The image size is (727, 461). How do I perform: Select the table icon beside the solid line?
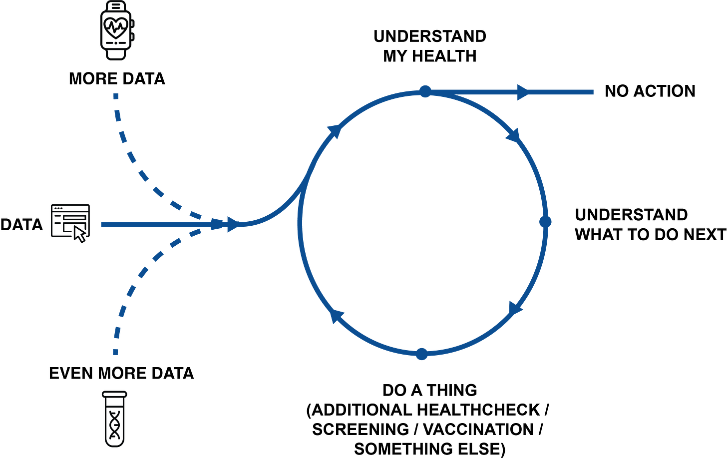(70, 222)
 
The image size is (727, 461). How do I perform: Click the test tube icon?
(114, 419)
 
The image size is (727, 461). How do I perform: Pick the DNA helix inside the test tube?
(115, 425)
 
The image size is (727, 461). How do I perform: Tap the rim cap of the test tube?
(114, 394)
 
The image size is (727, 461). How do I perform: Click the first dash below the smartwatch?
(116, 96)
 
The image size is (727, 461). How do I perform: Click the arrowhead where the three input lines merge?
(231, 224)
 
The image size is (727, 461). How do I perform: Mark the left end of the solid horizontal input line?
(101, 225)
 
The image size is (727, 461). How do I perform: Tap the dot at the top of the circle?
(425, 91)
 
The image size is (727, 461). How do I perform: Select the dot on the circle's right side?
(545, 221)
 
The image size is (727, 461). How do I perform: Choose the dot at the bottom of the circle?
(421, 354)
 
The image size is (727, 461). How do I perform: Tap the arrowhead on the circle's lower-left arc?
(338, 316)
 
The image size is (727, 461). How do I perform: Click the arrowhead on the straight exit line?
(523, 92)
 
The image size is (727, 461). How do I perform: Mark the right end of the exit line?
(593, 92)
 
